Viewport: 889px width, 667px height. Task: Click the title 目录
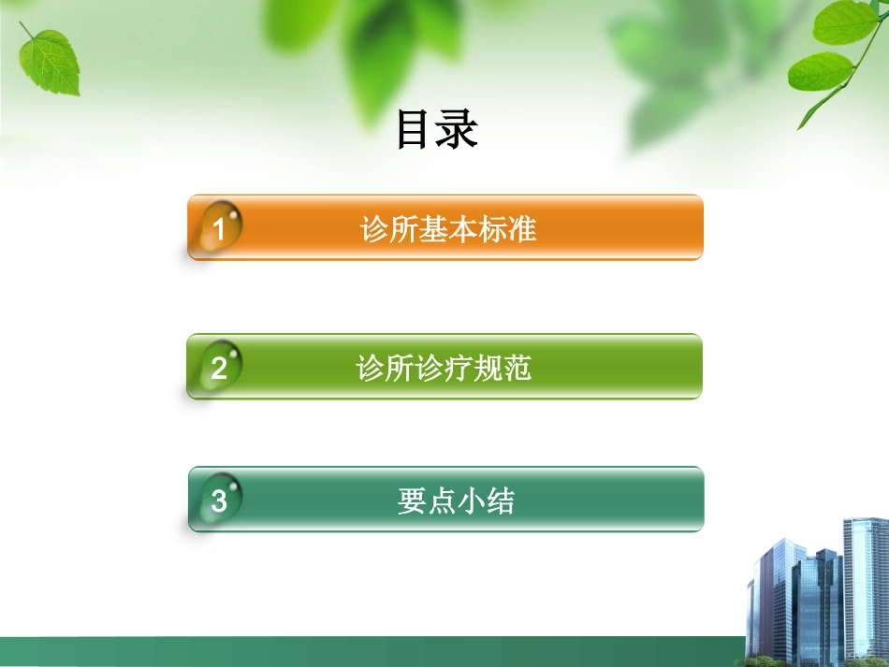click(437, 130)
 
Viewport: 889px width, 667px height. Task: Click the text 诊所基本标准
click(448, 229)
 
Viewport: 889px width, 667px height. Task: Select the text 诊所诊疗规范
click(444, 368)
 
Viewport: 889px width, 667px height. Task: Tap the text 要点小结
click(455, 501)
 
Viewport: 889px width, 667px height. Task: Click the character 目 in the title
click(415, 130)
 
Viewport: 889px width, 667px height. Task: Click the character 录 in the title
click(459, 130)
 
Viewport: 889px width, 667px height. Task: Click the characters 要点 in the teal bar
click(426, 501)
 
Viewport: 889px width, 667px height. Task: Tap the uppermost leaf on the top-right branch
click(845, 22)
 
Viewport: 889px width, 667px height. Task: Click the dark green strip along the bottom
click(374, 651)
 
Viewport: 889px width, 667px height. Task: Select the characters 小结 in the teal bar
click(485, 501)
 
